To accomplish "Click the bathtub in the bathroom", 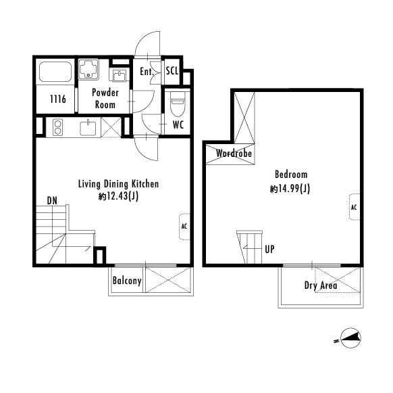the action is [55, 72].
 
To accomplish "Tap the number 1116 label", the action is [58, 99].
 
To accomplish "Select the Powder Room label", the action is [105, 99].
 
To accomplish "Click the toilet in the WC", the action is [178, 103].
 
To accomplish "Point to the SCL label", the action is [172, 71].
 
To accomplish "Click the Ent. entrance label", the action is [147, 72].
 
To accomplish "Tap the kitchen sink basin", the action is [88, 128].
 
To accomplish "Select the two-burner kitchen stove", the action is [57, 127].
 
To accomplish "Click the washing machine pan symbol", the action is [88, 69].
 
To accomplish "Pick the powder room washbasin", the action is [120, 76].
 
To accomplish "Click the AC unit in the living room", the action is [184, 227].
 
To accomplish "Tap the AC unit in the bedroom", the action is [355, 207].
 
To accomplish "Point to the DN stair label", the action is [52, 201].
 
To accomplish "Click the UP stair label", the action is [269, 249].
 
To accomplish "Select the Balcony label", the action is [127, 281].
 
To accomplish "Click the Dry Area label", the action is [321, 285].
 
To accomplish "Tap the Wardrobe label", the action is [234, 153].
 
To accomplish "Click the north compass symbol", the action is [350, 338].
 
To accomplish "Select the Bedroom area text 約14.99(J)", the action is [290, 188].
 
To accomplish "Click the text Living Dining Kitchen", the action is [119, 184].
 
